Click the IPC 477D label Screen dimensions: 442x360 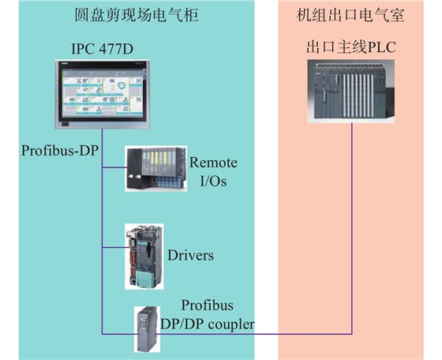[x=102, y=49]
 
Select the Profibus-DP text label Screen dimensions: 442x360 [x=60, y=151]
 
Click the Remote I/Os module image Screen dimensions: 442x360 [x=155, y=169]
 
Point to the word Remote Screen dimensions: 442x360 [x=213, y=163]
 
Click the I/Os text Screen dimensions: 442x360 [x=213, y=181]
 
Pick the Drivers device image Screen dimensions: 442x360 [x=144, y=257]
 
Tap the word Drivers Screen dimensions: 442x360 [x=190, y=255]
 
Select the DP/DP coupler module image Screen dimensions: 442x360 [x=147, y=329]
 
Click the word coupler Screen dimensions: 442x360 [x=230, y=324]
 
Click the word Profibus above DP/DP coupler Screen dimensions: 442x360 [x=207, y=306]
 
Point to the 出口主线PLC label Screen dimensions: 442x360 [x=351, y=47]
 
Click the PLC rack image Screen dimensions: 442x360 [x=351, y=91]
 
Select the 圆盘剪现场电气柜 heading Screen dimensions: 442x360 [x=137, y=15]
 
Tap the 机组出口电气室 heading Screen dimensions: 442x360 [x=350, y=15]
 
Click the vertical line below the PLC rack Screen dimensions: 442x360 [x=352, y=229]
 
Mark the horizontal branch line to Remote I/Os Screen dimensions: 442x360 [x=114, y=167]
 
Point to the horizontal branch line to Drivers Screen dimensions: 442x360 [x=114, y=248]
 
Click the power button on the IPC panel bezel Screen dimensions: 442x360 [x=65, y=124]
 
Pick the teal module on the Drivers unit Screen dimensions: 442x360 [x=146, y=279]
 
